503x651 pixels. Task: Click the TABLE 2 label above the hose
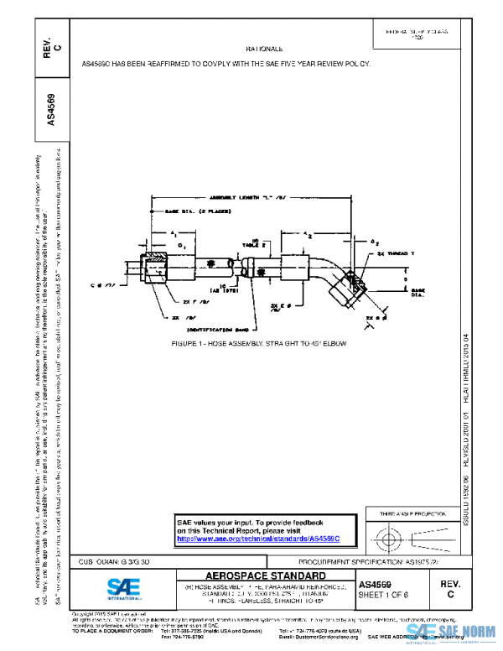[251, 242]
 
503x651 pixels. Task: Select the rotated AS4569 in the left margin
[51, 109]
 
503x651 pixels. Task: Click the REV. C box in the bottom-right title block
[450, 587]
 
